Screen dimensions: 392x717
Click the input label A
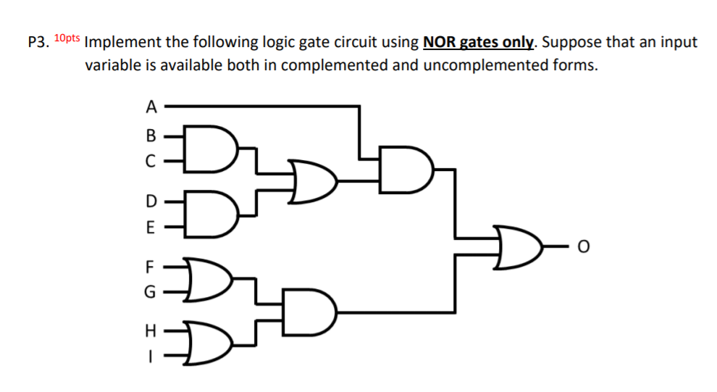150,107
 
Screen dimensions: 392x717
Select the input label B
151,135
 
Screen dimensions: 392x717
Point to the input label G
151,293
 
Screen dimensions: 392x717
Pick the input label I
151,356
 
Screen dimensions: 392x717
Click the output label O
582,249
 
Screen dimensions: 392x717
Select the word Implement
123,42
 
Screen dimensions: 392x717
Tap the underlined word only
518,42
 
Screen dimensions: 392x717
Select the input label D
151,199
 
